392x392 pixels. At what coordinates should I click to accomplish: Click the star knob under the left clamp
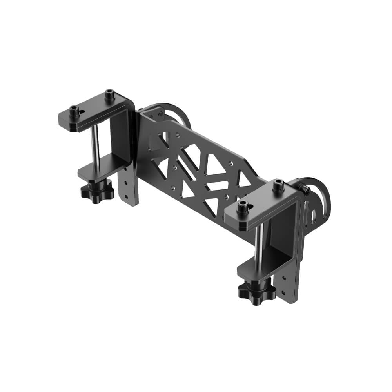[97, 191]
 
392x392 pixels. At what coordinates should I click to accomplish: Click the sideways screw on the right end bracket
[306, 191]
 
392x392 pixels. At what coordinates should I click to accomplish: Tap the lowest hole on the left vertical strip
[126, 197]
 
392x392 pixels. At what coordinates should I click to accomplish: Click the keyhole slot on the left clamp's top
[82, 112]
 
